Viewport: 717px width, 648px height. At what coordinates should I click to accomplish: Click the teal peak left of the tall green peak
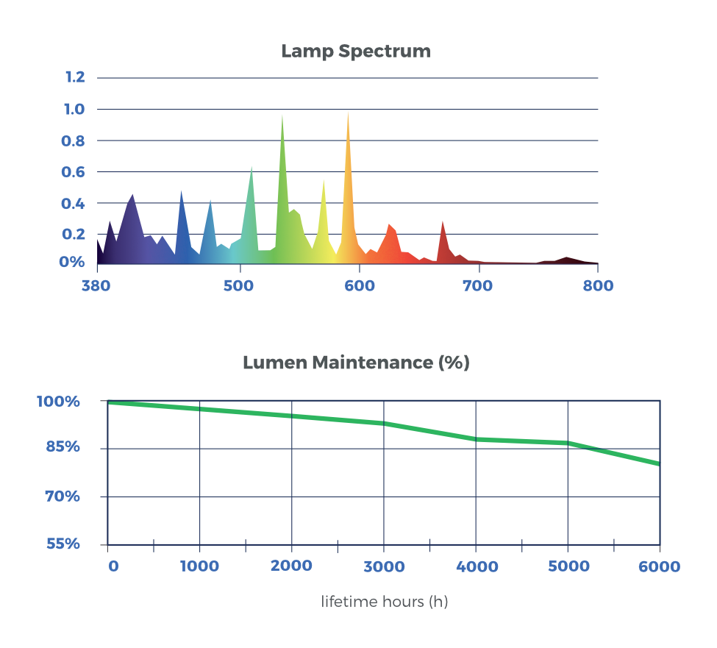click(x=251, y=206)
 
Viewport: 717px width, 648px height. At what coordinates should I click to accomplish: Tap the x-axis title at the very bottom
click(x=384, y=604)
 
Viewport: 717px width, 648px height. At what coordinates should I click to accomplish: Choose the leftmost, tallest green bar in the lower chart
click(x=154, y=424)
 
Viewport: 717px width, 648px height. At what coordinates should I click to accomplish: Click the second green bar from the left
click(x=249, y=427)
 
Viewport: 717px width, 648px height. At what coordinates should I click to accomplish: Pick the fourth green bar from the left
click(x=428, y=434)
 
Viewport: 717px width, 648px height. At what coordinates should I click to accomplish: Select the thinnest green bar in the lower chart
click(x=522, y=442)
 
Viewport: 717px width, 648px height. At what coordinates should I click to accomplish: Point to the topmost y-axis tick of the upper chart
click(x=79, y=76)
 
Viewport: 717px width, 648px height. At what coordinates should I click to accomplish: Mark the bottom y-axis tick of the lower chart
click(x=72, y=545)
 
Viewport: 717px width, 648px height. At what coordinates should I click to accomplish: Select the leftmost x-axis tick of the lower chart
click(x=114, y=569)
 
